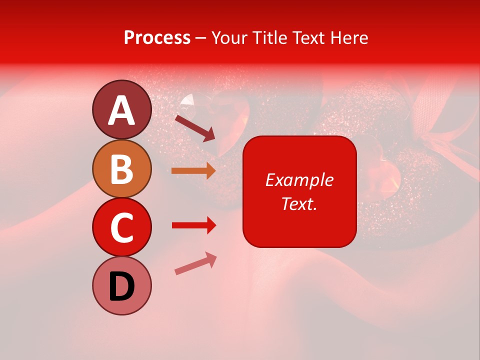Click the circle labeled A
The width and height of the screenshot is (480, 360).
[x=122, y=109]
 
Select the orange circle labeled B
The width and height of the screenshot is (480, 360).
[x=122, y=168]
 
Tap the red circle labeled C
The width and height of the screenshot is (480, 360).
[x=122, y=227]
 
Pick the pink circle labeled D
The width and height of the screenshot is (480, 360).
[x=122, y=285]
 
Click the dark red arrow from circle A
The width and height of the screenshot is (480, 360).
[x=195, y=128]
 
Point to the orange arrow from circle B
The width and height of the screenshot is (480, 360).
[x=193, y=171]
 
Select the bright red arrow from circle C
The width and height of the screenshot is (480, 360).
[x=193, y=225]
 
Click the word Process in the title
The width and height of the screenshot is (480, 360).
[x=157, y=38]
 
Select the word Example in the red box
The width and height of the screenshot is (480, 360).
[x=299, y=180]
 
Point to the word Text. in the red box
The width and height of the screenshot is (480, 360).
[x=299, y=203]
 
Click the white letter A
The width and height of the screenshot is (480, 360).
[x=122, y=110]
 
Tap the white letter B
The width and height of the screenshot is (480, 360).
[x=122, y=169]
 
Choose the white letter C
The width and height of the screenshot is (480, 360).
[x=122, y=227]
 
